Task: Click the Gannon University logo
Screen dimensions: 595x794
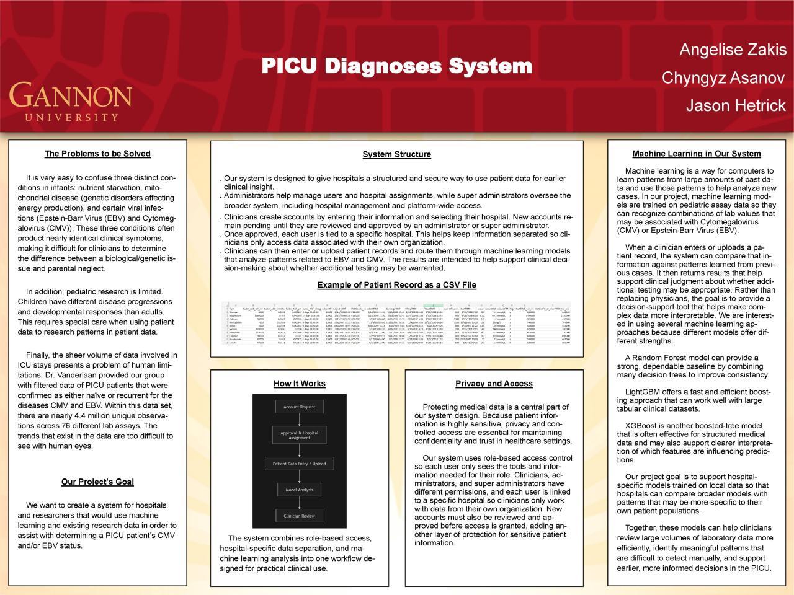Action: point(70,101)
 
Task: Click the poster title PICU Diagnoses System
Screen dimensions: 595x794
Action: point(396,66)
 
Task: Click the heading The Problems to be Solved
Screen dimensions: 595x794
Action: point(97,154)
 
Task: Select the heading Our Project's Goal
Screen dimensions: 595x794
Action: point(97,482)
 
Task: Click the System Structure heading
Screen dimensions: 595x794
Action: point(396,154)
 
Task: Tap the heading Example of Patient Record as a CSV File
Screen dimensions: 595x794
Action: point(396,285)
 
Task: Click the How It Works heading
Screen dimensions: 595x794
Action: point(299,384)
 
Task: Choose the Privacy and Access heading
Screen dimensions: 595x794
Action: point(494,384)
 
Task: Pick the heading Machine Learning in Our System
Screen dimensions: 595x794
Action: point(696,154)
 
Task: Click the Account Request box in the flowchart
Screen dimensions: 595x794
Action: point(299,407)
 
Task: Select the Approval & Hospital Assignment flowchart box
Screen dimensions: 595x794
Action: point(299,435)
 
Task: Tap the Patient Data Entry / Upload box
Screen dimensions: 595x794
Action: point(299,464)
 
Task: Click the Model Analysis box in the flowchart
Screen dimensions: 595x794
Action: point(299,490)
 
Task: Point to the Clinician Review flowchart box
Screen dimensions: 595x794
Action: point(299,516)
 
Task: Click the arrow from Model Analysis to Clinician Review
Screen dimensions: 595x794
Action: point(299,503)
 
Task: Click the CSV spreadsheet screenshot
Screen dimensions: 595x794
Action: point(396,325)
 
